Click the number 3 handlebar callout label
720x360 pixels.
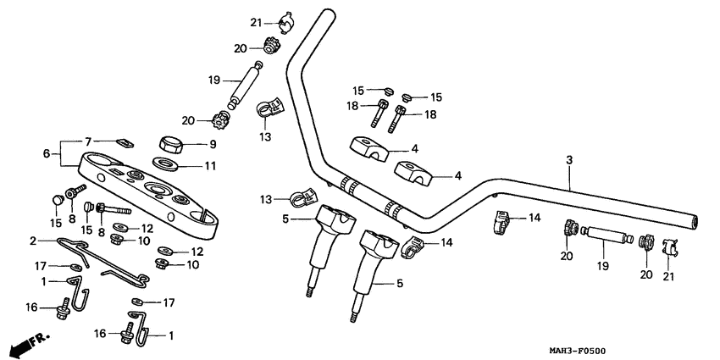570,159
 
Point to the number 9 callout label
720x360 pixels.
212,143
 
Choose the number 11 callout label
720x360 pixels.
213,164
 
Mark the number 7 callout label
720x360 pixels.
86,141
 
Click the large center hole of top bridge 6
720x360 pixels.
159,188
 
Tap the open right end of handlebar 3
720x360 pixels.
695,223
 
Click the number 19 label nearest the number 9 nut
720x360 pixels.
213,80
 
